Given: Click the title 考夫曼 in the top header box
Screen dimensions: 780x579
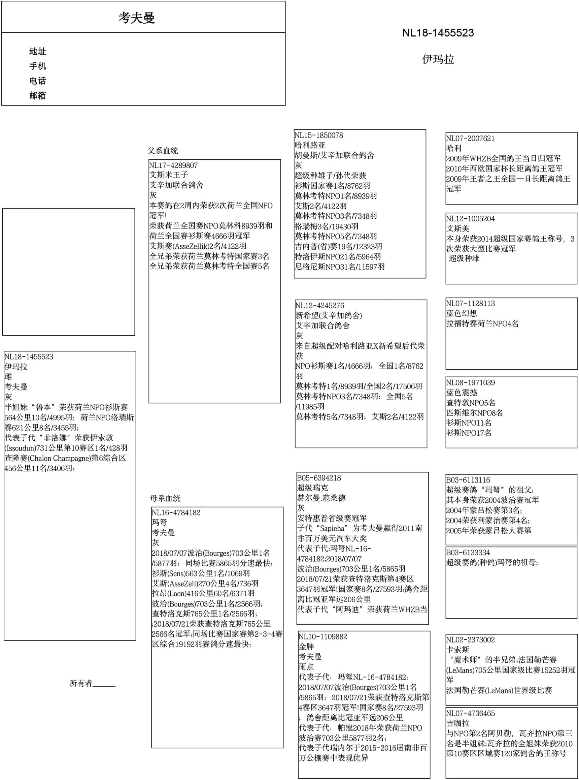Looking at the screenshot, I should (136, 18).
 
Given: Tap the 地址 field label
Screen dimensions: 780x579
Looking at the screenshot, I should (37, 52).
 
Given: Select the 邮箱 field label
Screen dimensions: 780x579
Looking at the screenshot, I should (37, 95).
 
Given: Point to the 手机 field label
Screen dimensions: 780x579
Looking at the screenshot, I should (37, 66).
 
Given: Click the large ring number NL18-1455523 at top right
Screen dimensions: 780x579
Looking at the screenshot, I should (438, 33).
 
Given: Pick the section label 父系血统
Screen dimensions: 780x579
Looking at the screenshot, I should (163, 151).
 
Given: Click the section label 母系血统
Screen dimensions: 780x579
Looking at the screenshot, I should (165, 498).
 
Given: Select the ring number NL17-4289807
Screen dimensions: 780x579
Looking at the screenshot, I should (173, 165).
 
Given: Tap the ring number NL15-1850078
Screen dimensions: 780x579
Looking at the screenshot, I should (318, 135).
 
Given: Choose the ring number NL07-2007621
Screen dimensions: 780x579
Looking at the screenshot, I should (470, 138).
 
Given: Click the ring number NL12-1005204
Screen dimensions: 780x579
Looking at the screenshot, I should (470, 218).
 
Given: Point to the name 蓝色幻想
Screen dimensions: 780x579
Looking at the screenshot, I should (462, 313).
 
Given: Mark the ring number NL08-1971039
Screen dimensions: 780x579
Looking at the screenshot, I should (470, 382).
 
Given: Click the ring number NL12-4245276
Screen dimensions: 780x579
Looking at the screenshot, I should (320, 306).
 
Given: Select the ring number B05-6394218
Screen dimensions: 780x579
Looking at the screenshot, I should (319, 478).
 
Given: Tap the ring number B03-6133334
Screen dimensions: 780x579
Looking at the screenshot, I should (468, 552).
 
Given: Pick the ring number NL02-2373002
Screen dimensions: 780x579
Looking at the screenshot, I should (470, 639).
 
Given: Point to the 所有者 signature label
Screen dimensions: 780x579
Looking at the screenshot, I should (81, 683).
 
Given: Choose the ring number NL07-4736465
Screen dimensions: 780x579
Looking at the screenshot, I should (470, 713).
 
